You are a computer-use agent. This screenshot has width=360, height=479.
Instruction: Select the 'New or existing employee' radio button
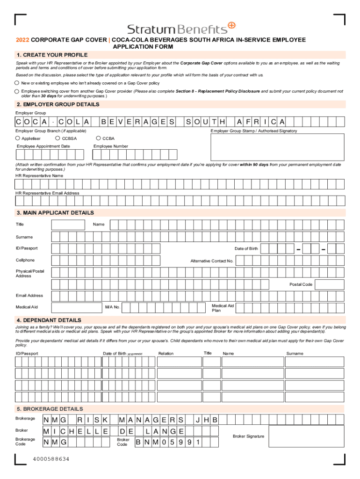17,83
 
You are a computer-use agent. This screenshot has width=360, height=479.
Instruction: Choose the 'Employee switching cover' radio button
17,91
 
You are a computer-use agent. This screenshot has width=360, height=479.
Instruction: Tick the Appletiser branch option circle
18,138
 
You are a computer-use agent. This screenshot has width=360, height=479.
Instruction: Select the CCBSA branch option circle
58,138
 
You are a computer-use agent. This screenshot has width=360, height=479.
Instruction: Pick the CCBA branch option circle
98,138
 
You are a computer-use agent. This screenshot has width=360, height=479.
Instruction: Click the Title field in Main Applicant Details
68,225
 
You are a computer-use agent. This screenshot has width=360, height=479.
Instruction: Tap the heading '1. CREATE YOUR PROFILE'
51,55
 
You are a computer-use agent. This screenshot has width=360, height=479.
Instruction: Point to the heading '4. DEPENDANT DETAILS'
49,320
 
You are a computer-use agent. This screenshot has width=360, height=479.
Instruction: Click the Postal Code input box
330,284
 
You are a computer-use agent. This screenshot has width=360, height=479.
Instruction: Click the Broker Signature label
248,436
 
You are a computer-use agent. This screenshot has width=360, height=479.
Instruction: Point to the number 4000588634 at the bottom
51,459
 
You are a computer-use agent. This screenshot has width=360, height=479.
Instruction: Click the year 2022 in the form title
22,40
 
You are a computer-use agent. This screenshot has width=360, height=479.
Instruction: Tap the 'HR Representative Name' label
39,175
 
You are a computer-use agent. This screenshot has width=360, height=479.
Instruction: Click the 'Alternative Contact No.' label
211,261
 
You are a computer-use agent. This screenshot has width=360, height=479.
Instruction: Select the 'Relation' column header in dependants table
166,354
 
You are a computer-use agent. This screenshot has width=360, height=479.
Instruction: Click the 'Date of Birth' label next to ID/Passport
246,248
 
